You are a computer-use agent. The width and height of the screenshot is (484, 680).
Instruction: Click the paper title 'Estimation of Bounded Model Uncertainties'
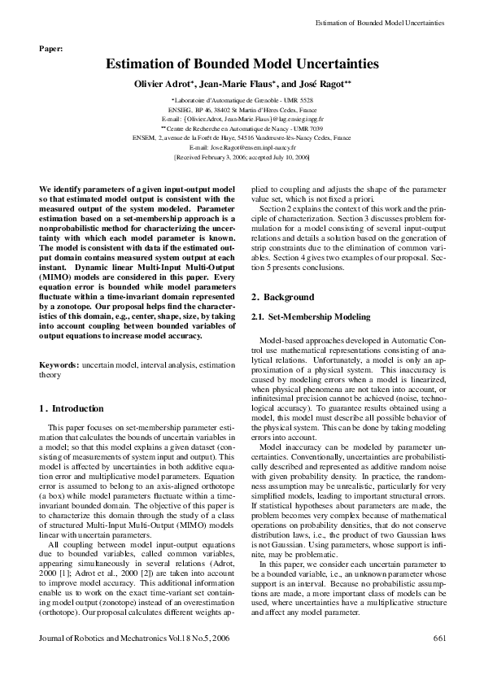[242, 63]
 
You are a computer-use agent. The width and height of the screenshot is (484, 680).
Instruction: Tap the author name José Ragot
[321, 84]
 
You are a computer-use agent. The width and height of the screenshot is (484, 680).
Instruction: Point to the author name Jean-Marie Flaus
[242, 84]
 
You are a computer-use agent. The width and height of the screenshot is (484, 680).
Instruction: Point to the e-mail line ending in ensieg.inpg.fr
[242, 118]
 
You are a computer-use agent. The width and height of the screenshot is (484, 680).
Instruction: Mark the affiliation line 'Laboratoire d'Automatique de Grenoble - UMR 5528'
[242, 98]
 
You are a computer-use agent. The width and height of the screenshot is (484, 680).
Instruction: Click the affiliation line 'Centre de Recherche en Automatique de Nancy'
[242, 128]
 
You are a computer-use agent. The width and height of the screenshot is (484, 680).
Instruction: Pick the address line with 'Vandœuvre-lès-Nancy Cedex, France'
[242, 137]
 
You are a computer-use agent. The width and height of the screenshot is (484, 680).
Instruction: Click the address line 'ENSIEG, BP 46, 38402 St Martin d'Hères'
[242, 108]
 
